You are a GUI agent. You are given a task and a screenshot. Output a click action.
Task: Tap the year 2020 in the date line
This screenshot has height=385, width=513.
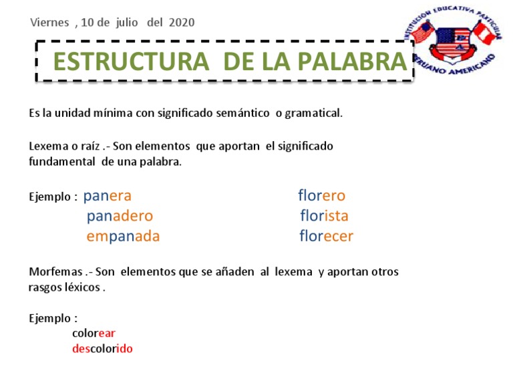pos(182,22)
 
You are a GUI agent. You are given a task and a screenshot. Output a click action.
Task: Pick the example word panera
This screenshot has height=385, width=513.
pos(107,197)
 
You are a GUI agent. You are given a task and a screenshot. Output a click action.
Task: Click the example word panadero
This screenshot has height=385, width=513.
pos(120,217)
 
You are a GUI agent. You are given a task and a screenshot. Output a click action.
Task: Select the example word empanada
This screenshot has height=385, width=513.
pos(123,237)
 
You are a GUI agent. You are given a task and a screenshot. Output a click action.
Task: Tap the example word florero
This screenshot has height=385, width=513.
pos(321,197)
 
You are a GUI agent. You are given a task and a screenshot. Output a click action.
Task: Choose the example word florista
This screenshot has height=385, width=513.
pos(324,217)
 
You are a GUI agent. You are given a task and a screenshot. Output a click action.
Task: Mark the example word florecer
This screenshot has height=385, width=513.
pos(326,237)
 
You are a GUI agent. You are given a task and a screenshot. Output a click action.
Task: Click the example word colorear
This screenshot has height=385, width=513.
pos(94,333)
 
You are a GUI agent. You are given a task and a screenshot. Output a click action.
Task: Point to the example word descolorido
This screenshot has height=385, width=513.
pos(102,349)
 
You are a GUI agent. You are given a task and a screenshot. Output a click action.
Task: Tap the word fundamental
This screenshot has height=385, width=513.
pos(63,162)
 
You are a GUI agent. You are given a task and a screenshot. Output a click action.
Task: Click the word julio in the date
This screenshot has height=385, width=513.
pos(127,22)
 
